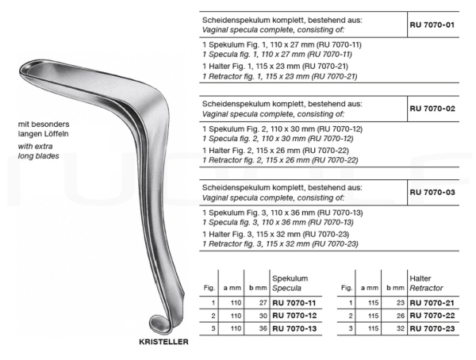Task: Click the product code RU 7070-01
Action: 432,25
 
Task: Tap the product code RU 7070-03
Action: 432,191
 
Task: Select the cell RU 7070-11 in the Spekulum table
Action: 294,303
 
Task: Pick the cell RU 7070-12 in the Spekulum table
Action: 294,315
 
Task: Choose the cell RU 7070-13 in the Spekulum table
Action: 294,327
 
